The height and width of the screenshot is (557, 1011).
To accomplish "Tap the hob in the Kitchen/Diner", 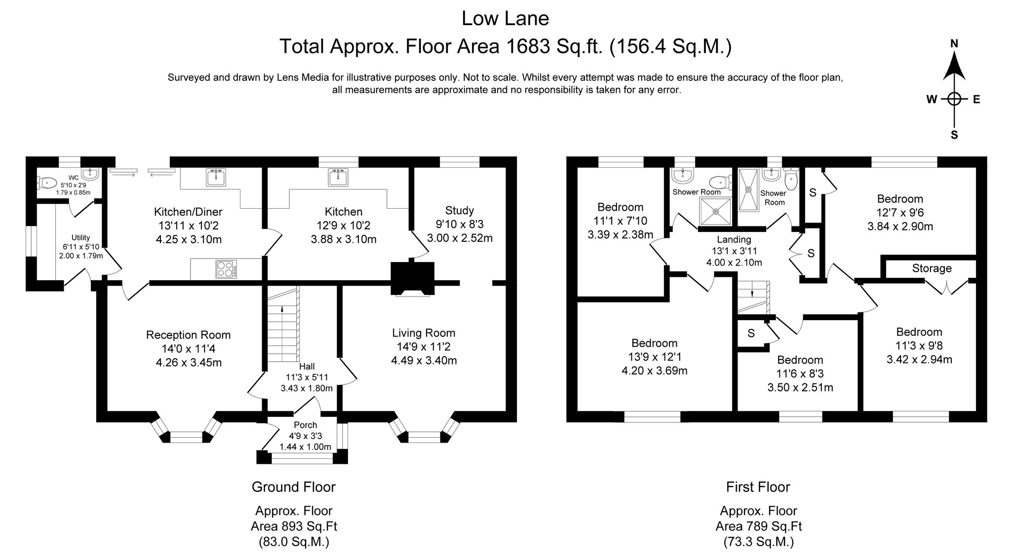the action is [226, 269].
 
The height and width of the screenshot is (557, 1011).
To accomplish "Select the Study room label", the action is [459, 211].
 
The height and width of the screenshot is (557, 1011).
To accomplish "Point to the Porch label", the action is [305, 425].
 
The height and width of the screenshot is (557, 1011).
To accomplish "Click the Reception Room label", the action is [188, 335].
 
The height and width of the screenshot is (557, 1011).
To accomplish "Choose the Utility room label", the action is [81, 238].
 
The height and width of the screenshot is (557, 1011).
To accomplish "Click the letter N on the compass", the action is [954, 44].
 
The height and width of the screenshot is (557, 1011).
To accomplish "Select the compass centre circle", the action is [954, 99].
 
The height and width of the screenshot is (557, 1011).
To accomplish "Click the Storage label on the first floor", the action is [932, 268].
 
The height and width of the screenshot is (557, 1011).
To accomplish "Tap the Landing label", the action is [734, 239].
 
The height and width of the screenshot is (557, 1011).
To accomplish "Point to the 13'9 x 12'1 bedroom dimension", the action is [654, 357].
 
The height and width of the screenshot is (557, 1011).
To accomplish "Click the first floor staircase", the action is [754, 297].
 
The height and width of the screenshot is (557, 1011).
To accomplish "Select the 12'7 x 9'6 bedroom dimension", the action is [900, 213].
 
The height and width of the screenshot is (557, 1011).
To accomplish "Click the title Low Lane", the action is [505, 19].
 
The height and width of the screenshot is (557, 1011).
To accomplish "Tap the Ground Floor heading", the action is [294, 487].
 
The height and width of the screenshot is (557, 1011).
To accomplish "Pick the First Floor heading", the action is [758, 487].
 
